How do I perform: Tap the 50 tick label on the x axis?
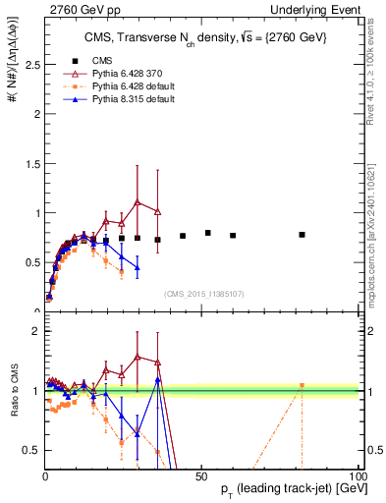[x=200, y=475]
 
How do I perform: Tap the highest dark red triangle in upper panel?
[x=138, y=202]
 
